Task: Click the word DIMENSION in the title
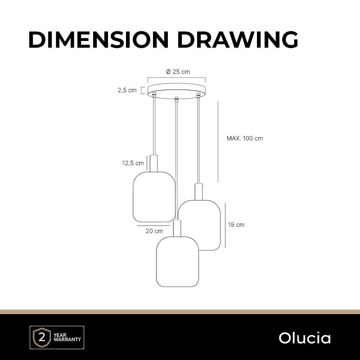coord(99,40)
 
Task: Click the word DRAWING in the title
coord(238,40)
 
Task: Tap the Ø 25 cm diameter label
coord(178,72)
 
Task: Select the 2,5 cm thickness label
coord(127,90)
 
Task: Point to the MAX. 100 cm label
coord(244,138)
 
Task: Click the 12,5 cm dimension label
coord(133,163)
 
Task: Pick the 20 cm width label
coord(154,231)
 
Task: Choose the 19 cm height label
coord(236,225)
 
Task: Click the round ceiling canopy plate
coord(176,90)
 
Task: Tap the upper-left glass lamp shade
coord(154,197)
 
